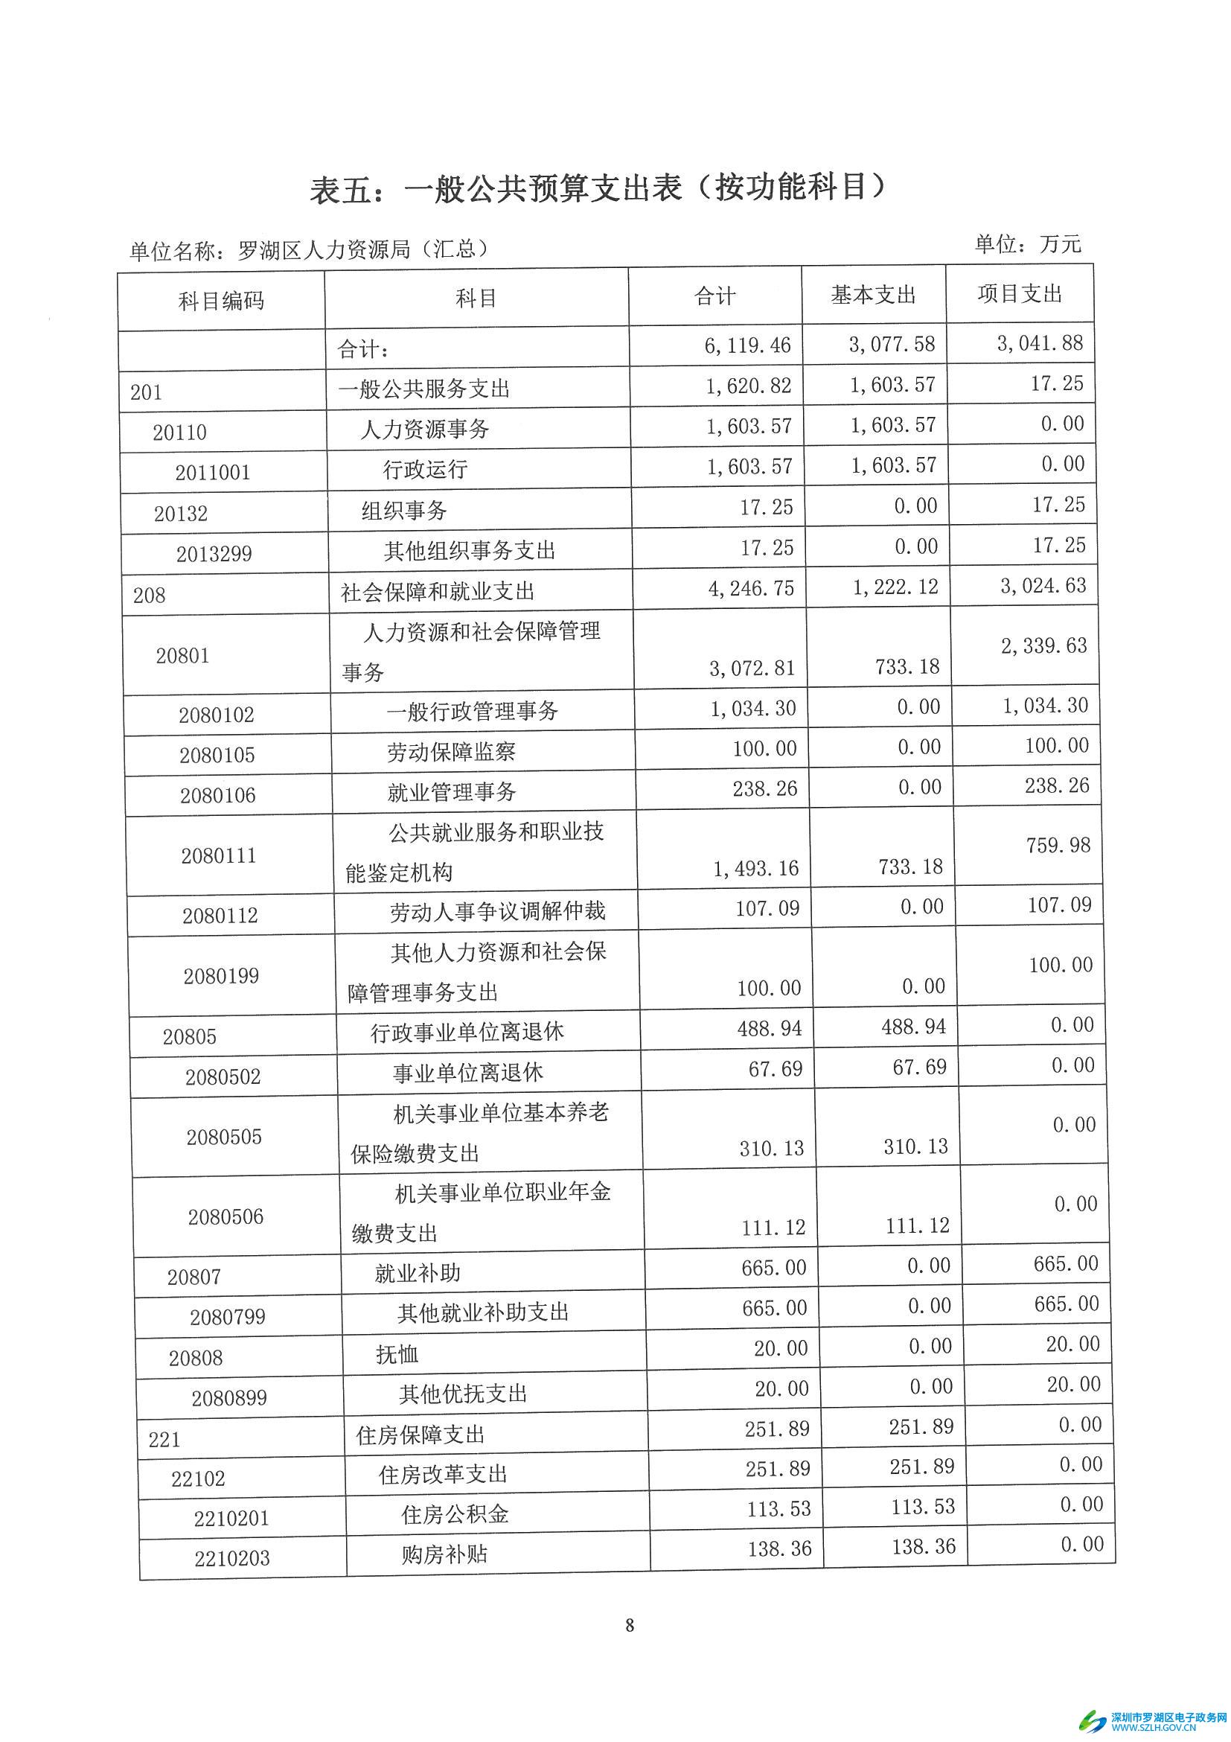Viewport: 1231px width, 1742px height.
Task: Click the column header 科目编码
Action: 221,301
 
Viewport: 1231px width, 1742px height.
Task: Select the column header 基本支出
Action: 873,295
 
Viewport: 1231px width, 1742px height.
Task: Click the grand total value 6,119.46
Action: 747,346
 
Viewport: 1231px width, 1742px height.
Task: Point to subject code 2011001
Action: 212,473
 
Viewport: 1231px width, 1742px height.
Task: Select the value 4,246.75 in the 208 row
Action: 751,590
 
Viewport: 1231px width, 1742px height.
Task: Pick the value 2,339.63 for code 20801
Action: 1043,645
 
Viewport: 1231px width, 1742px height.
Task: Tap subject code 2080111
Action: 219,856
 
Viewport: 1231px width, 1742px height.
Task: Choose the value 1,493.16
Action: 755,868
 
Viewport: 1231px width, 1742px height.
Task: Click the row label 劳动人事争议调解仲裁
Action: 498,911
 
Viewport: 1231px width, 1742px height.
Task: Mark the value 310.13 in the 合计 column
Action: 771,1149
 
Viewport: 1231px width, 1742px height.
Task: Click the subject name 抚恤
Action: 397,1354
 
